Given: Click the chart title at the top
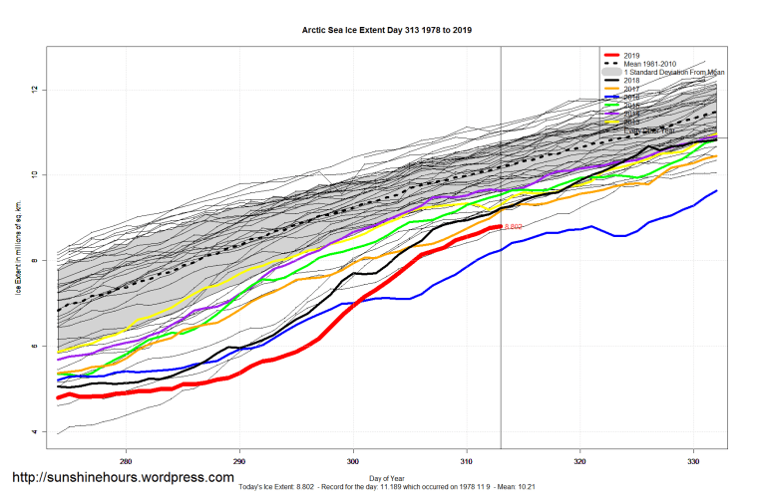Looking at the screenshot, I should (x=387, y=30).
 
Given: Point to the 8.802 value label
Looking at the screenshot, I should (x=514, y=228).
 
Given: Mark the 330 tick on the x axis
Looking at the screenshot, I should (x=693, y=462).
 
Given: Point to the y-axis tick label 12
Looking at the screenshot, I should (x=34, y=90).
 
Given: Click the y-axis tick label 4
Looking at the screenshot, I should (x=34, y=431).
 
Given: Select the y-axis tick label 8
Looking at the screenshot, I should (x=34, y=261).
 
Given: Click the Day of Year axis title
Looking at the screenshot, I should (x=387, y=479).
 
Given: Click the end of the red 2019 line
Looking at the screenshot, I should (x=500, y=227).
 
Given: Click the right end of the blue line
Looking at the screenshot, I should (x=716, y=190).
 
